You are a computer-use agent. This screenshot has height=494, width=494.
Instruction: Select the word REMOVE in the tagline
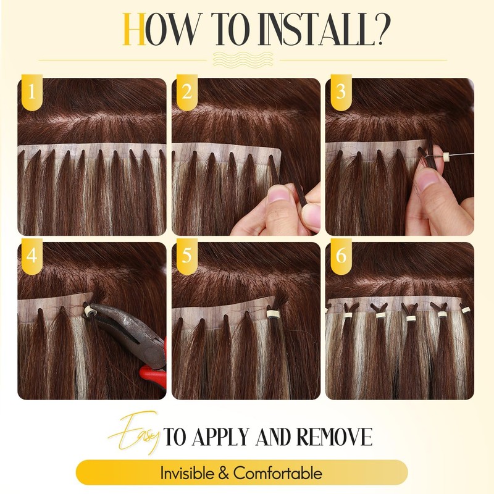337,437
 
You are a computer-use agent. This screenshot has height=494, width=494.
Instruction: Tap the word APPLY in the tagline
225,437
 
